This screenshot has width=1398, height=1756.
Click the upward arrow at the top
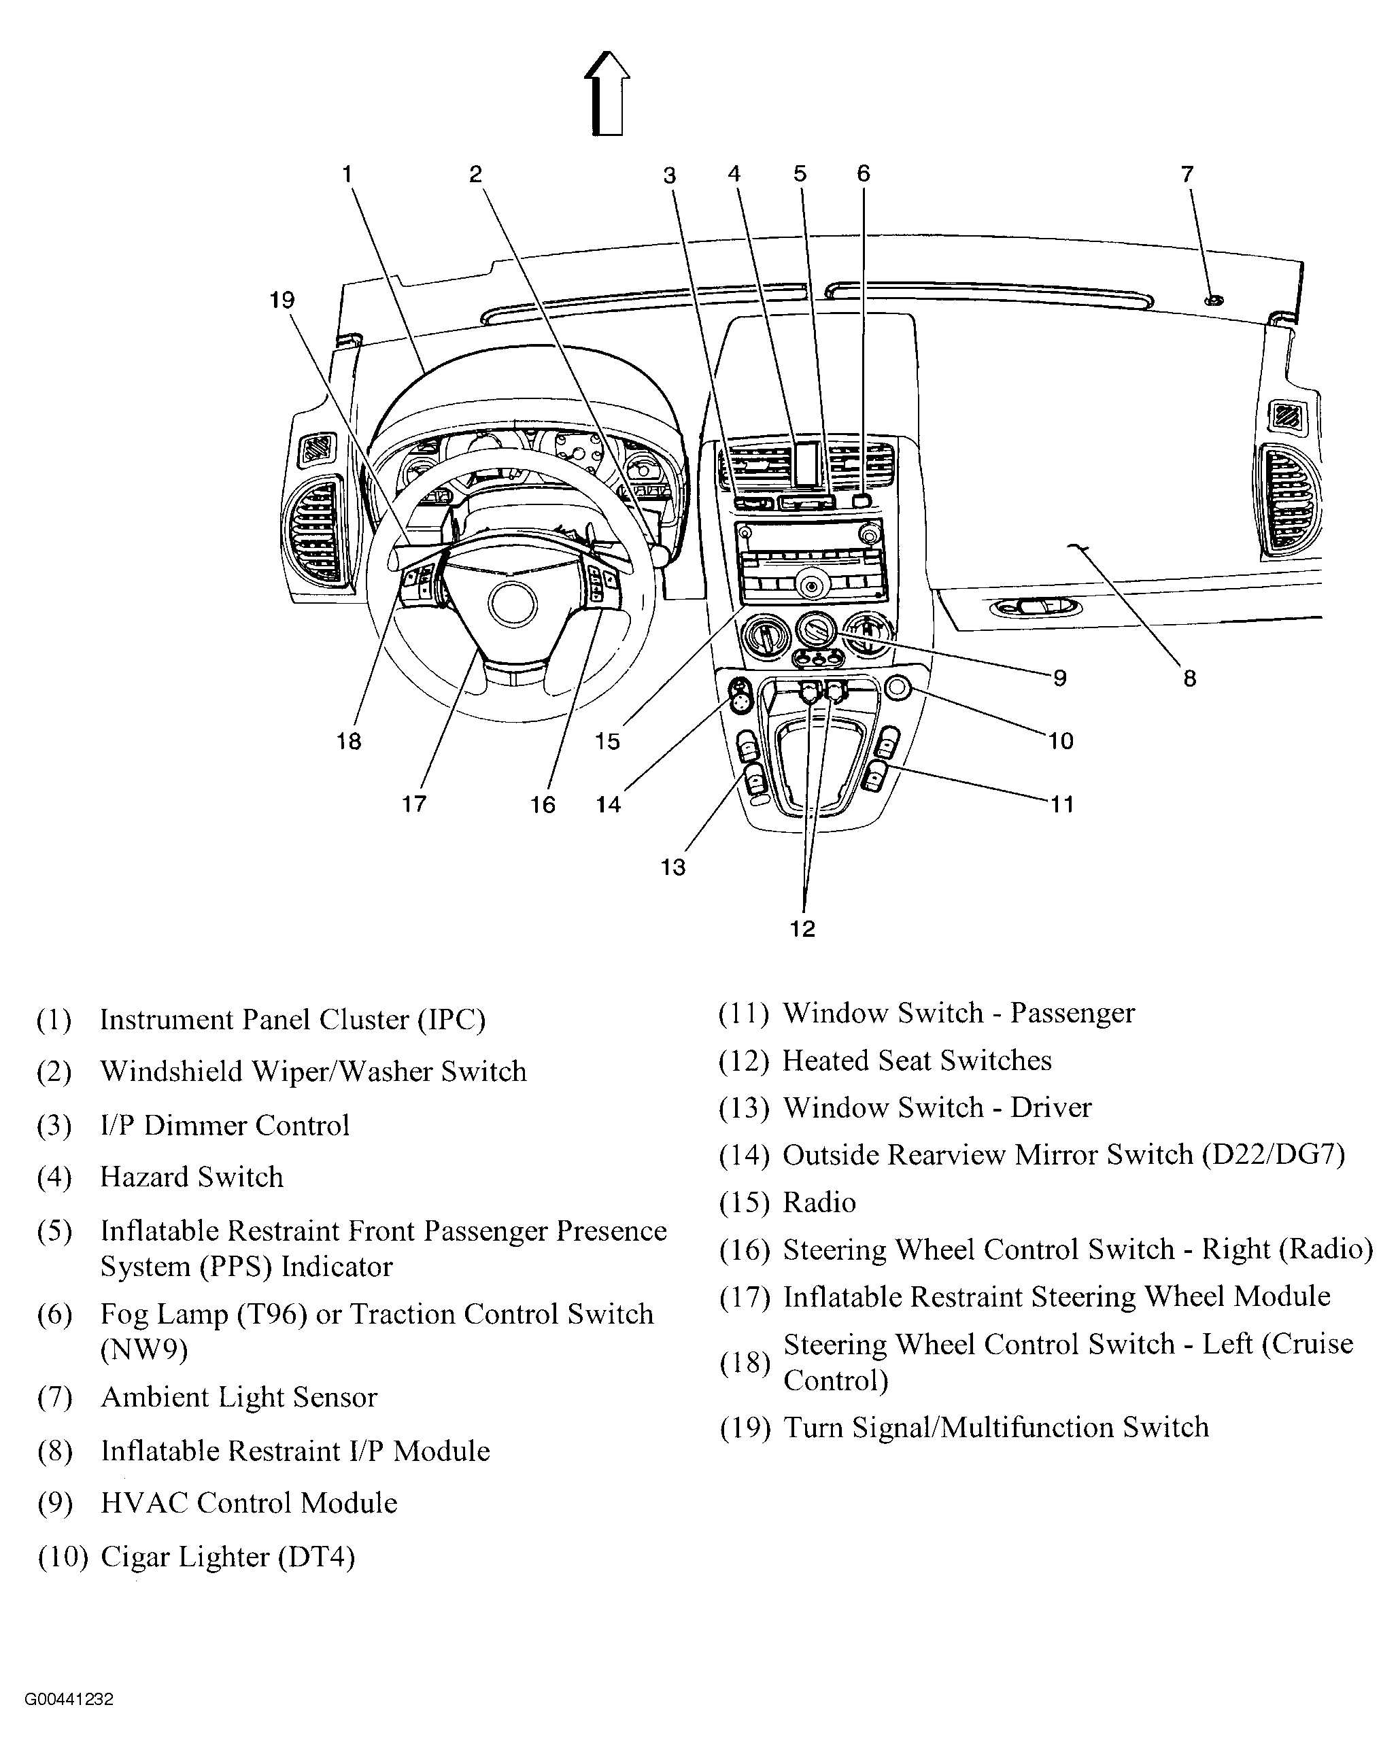[607, 93]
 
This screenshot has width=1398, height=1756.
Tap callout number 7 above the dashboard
[1187, 174]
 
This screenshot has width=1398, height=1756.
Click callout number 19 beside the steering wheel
[282, 300]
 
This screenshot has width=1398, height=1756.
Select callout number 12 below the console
[802, 929]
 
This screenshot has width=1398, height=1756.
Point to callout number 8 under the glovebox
[1189, 678]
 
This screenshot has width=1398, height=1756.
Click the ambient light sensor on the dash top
[1214, 300]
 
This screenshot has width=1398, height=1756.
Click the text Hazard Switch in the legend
[192, 1177]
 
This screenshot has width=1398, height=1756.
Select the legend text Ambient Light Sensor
[239, 1398]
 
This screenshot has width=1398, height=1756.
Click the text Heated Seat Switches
[917, 1061]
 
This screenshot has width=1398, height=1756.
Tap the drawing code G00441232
[69, 1700]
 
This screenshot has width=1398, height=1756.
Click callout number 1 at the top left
[347, 174]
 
